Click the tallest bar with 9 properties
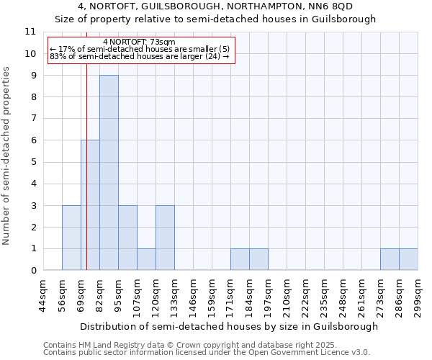tap(109, 173)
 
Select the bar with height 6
tap(90, 205)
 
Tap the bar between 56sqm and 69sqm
tap(71, 238)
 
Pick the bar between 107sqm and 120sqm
tap(146, 259)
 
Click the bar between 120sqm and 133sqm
tap(165, 238)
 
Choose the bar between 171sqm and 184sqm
tap(240, 259)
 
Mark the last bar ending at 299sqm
tap(408, 259)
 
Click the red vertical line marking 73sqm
tap(86, 180)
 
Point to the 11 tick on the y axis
tap(30, 32)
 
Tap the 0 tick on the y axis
tap(33, 271)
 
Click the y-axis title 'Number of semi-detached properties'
tap(6, 156)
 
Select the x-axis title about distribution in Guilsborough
tap(229, 326)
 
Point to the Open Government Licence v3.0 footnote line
tap(207, 353)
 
